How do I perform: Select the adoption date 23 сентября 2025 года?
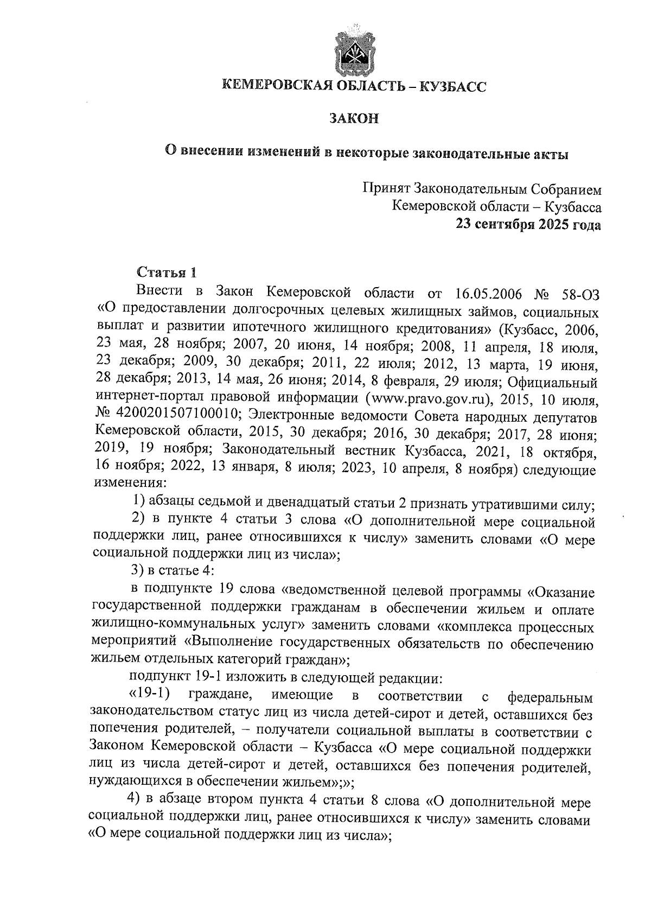[528, 224]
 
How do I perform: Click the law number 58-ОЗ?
[582, 294]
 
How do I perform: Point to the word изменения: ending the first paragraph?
[127, 482]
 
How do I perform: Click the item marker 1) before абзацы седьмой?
[138, 504]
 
